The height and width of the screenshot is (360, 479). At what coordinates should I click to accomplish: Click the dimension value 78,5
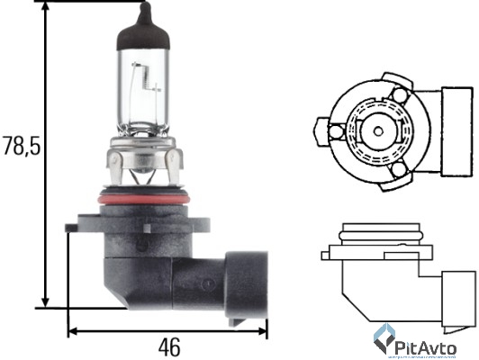22,146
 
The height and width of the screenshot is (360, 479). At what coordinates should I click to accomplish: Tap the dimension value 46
167,346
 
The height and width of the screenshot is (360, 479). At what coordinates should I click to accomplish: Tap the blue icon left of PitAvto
384,339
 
